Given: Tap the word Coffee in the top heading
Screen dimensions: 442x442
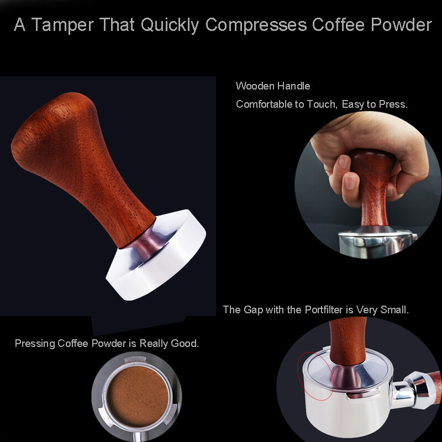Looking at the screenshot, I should point(346,25).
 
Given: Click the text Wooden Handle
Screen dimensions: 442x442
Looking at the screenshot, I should point(273,86).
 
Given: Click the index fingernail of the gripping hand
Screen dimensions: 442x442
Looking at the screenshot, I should point(343,162).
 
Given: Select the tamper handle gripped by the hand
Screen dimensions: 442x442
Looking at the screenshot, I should point(371,182).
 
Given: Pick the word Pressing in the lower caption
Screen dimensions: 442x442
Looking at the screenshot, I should point(35,343).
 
